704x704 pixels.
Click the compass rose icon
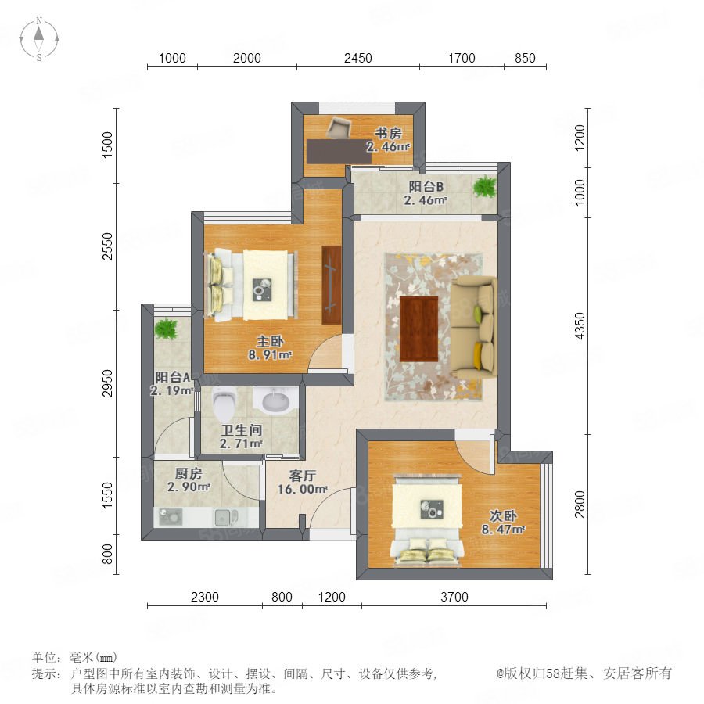39,38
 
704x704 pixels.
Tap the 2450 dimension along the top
357,59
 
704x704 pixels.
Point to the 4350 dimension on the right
580,326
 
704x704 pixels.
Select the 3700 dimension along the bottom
454,597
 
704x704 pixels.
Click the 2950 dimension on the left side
107,383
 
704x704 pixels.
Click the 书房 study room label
388,133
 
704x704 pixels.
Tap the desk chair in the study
339,128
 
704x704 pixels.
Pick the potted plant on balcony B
484,186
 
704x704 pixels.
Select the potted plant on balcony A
166,329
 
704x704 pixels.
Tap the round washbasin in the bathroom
275,400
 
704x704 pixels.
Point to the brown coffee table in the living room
418,329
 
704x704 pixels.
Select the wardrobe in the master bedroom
332,285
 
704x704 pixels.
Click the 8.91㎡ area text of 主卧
271,354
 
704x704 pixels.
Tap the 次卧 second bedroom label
503,516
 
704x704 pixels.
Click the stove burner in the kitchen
171,517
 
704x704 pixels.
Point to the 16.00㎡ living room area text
303,489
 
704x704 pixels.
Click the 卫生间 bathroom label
242,430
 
